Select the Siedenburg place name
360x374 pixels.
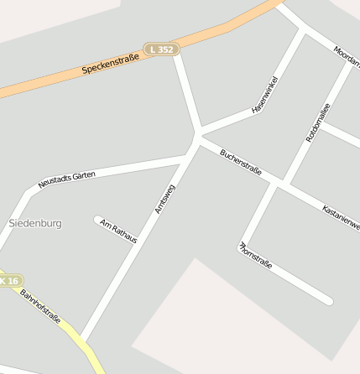[34, 224]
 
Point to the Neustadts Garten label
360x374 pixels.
[67, 179]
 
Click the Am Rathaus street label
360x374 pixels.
[118, 231]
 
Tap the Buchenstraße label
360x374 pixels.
[241, 163]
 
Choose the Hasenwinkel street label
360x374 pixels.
[265, 94]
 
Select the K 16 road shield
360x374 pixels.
[8, 281]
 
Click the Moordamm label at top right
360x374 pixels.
[346, 57]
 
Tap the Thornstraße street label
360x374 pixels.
[256, 256]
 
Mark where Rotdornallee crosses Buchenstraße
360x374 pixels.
[280, 183]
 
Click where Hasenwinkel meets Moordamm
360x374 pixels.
[302, 31]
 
